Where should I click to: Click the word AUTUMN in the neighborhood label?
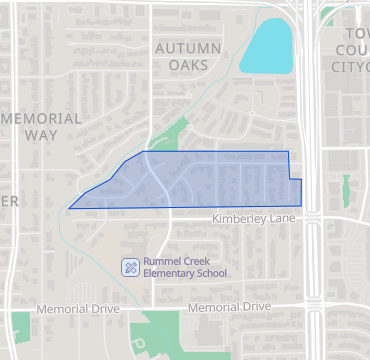[x=188, y=48]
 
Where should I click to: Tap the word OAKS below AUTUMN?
[x=188, y=65]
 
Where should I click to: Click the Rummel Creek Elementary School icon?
[x=129, y=266]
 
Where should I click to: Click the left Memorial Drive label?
[x=77, y=310]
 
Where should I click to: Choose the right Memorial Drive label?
[x=229, y=308]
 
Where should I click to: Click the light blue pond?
[x=266, y=48]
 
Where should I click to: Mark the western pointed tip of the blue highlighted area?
[x=69, y=208]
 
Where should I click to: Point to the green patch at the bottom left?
[x=20, y=326]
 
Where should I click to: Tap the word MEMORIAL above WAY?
[x=42, y=118]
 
